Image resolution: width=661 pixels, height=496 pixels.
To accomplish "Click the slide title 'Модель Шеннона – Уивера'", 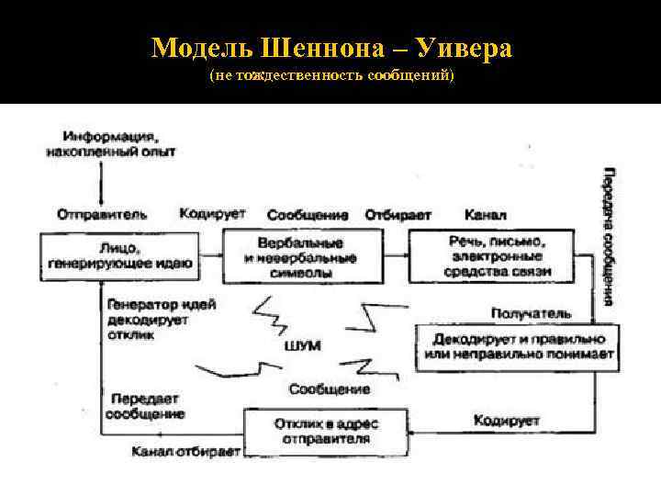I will (331, 48).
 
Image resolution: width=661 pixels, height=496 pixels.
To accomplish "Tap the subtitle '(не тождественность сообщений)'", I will (331, 74).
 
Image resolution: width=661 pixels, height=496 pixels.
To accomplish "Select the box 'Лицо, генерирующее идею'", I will (118, 255).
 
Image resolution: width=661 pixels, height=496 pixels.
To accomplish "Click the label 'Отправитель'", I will (101, 214).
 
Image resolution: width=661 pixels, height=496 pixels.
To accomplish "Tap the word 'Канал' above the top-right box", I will (485, 214).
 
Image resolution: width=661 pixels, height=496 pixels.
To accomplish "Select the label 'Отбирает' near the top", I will (398, 214).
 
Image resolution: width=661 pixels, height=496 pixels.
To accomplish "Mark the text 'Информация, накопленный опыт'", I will (110, 144).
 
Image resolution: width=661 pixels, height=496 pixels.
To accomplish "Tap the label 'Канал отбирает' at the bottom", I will (186, 452).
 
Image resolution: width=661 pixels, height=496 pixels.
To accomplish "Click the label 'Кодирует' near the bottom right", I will (506, 421).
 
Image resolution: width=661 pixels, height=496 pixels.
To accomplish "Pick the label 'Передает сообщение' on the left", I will (145, 407).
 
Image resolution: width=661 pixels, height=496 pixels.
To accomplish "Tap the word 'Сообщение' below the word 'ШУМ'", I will (330, 389).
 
